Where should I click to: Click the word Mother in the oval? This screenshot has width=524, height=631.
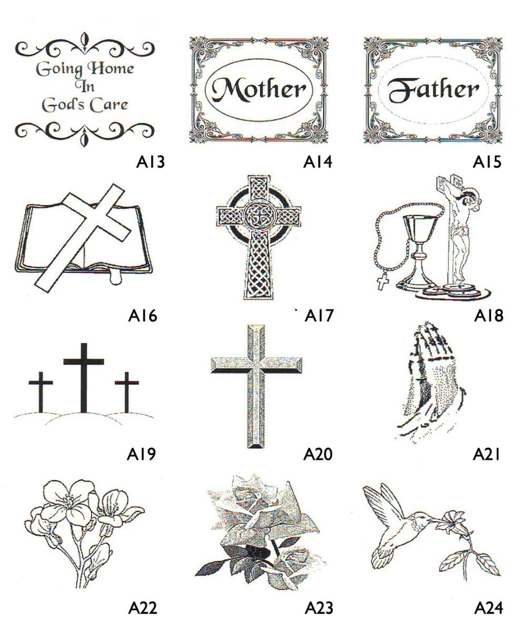point(259,89)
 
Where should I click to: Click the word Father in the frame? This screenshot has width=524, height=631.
point(433,90)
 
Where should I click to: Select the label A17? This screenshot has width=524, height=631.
point(319,316)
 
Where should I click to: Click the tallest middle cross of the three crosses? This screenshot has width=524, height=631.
point(84,378)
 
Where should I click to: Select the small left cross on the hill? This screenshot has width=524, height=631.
point(41,392)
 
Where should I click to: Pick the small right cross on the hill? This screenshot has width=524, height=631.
point(127,392)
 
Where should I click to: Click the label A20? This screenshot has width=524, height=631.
point(318,454)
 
